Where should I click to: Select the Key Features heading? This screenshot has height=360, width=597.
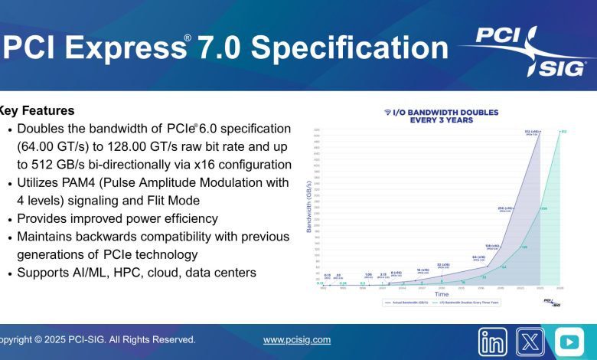(x=37, y=110)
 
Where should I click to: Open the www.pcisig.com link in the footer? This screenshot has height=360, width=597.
(x=297, y=339)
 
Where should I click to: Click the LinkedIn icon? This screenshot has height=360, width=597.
(x=493, y=342)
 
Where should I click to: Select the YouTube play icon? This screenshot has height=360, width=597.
(x=569, y=342)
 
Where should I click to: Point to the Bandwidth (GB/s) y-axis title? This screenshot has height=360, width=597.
(x=309, y=207)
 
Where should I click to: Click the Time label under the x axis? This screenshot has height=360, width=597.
(x=442, y=294)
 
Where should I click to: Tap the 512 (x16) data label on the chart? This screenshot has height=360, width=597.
(x=529, y=132)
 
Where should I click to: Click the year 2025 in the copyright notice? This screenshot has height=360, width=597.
(x=60, y=339)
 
